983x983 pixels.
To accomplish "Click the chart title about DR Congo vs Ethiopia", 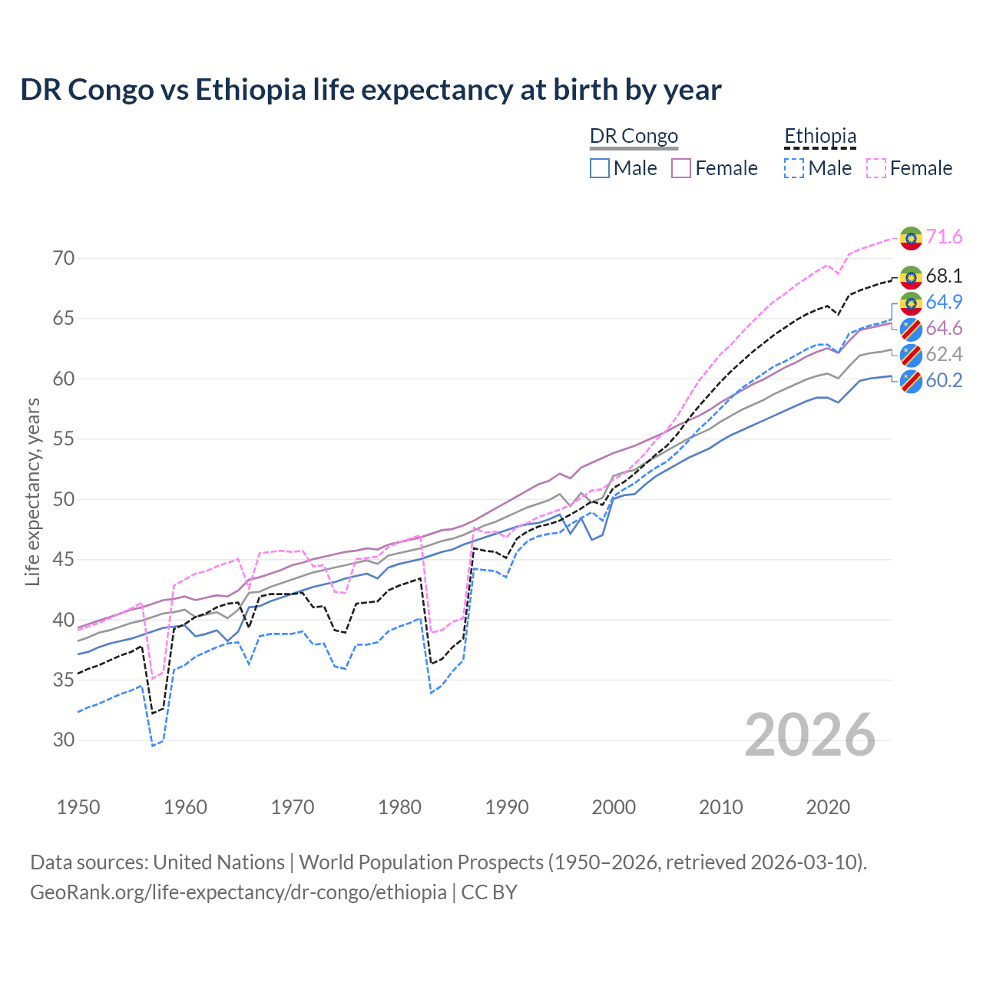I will coord(370,90).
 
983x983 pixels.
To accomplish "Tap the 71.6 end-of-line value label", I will coord(944,237).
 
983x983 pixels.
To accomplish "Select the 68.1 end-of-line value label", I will coord(944,276).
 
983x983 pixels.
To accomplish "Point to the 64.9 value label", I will coord(944,302).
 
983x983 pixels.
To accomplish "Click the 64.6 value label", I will coord(944,328).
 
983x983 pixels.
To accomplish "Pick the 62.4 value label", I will coord(944,354).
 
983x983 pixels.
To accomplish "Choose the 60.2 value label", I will coord(944,380).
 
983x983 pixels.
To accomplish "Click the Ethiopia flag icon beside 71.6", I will coord(911,237).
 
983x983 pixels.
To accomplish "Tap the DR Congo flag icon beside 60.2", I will coord(911,381).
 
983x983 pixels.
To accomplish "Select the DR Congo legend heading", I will coord(634,136).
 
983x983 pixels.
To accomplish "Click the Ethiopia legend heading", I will coord(819,136).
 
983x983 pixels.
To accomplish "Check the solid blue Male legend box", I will coord(600,168).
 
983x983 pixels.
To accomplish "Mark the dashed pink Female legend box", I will coord(876,168).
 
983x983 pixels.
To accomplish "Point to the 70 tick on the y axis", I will coord(64,258).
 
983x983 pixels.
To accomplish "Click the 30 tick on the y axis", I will coord(64,740).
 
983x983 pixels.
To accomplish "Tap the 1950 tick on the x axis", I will coord(78,807).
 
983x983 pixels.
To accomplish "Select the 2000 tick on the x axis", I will coord(614,807).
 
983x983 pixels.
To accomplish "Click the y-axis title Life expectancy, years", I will coord(32,491).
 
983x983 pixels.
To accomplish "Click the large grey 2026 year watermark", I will coord(809,735).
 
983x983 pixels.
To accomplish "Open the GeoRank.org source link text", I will coord(238,892).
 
